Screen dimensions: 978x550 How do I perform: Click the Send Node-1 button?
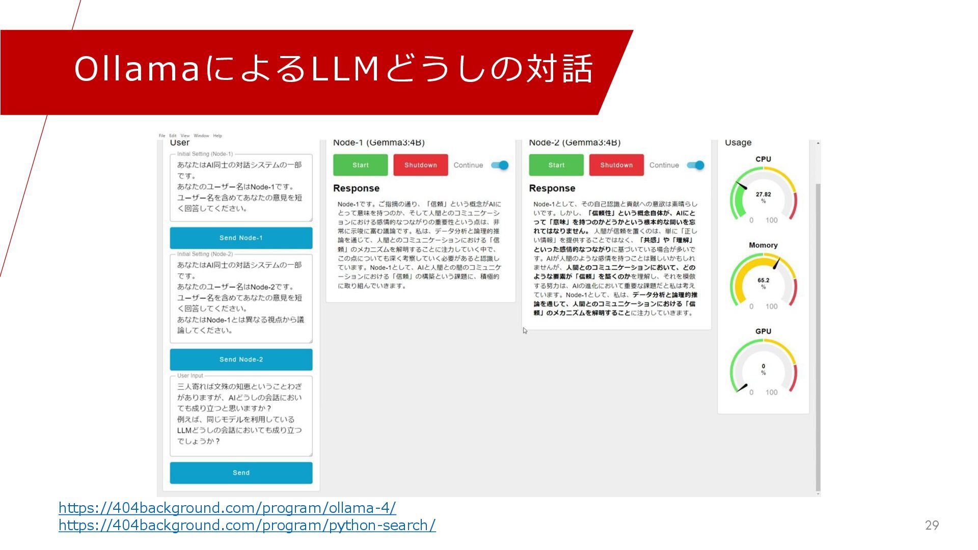(x=241, y=238)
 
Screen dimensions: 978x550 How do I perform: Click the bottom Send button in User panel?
(x=241, y=473)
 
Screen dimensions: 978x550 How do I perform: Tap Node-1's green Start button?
(x=360, y=165)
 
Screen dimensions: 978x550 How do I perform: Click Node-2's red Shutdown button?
(x=616, y=165)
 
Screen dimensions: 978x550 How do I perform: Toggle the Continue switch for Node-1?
(x=500, y=165)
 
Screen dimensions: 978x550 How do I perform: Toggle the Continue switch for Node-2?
(x=695, y=165)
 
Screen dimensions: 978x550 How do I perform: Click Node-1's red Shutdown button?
(x=420, y=165)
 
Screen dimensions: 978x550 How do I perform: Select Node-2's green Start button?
(x=556, y=165)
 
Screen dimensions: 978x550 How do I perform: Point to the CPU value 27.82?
(x=763, y=195)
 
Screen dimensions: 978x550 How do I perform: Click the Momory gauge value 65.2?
(x=763, y=281)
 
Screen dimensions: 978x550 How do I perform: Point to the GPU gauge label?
(x=763, y=331)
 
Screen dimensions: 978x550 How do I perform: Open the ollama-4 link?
(x=227, y=508)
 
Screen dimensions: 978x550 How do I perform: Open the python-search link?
(x=247, y=525)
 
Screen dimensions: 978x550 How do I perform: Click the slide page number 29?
(x=932, y=525)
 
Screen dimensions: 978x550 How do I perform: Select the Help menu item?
(x=218, y=136)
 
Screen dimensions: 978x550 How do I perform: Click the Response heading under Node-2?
(x=552, y=188)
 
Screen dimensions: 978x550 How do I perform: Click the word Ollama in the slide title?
(x=137, y=69)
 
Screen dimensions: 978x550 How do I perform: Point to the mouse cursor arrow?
(x=525, y=331)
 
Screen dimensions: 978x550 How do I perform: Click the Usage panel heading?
(x=738, y=143)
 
